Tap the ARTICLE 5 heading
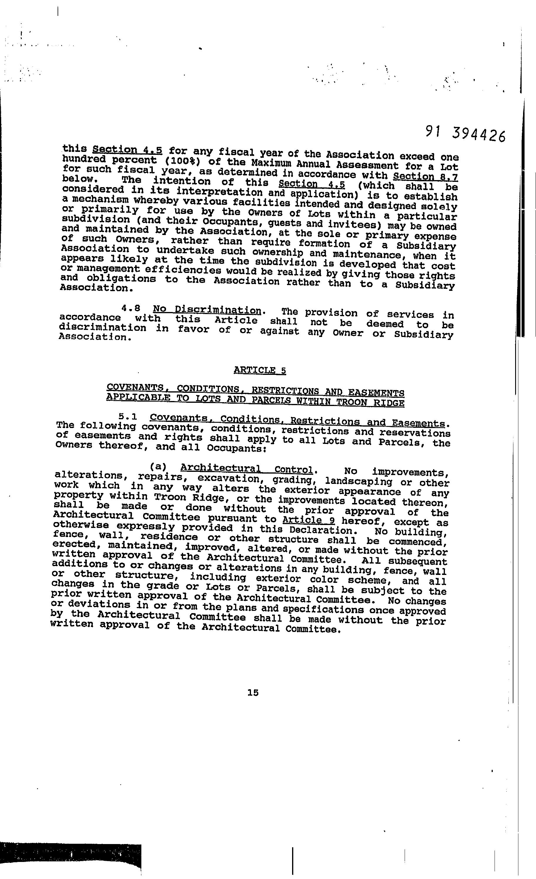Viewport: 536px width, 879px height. pyautogui.click(x=259, y=370)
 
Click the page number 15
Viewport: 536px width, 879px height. pyautogui.click(x=253, y=692)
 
